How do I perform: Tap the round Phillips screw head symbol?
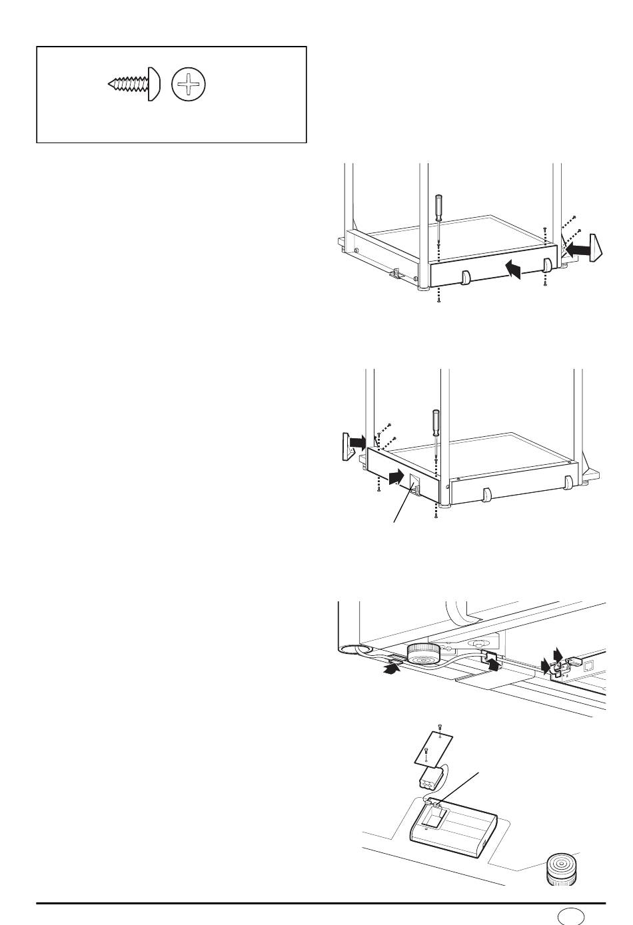[x=189, y=85]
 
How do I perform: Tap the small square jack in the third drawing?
[x=588, y=665]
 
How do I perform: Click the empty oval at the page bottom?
[x=570, y=916]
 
